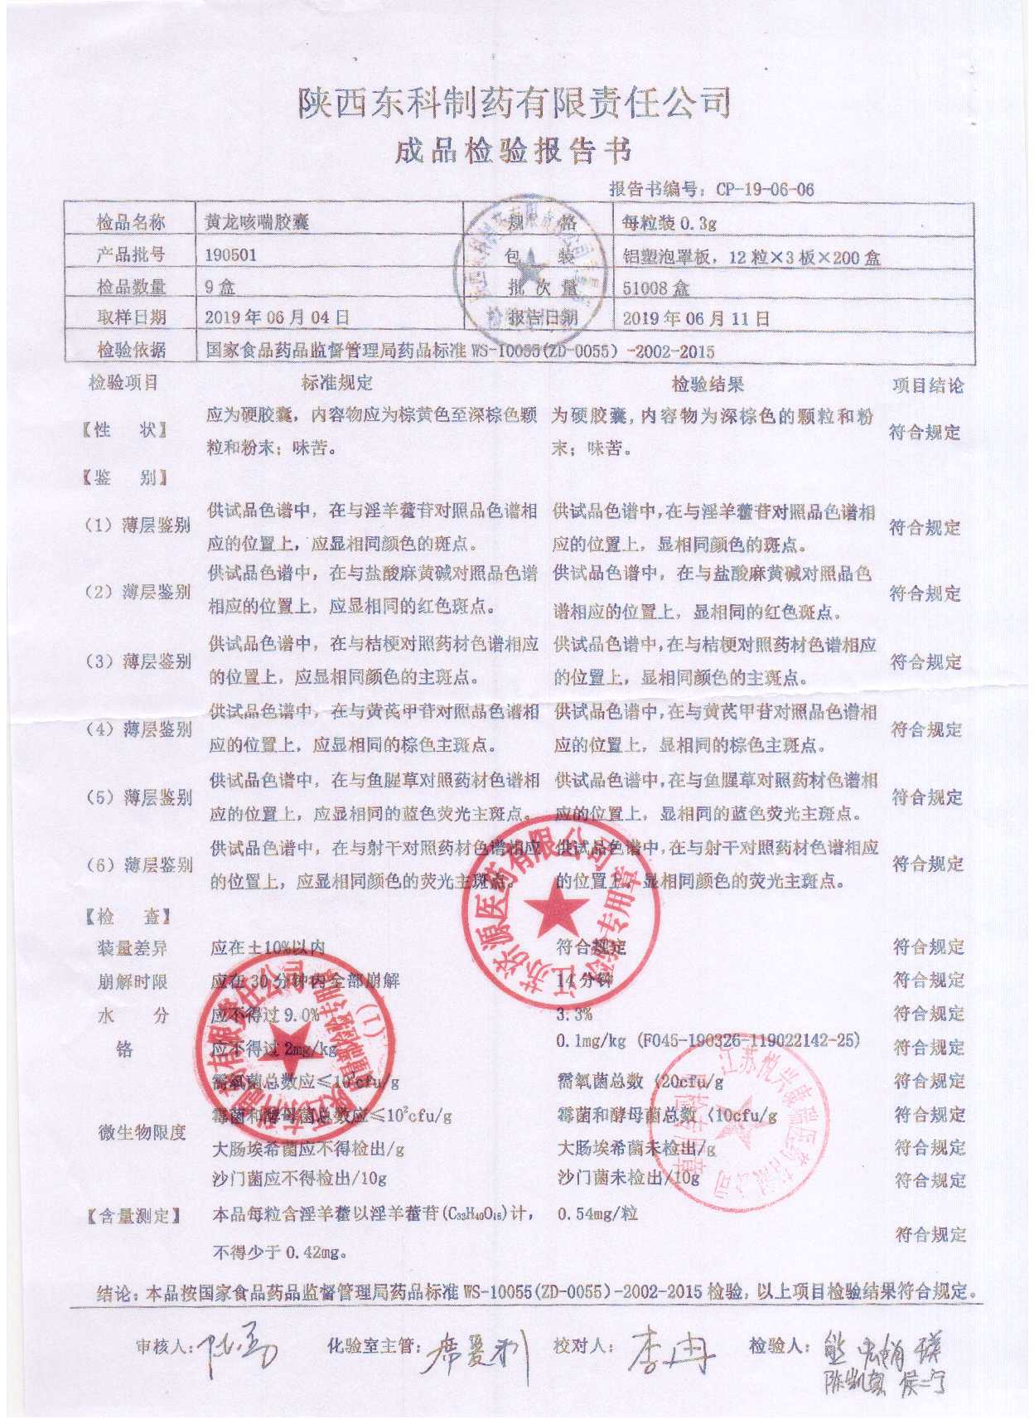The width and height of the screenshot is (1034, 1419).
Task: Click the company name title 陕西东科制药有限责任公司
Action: pos(514,103)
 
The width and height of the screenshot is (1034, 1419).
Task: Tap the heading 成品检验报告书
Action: pos(514,152)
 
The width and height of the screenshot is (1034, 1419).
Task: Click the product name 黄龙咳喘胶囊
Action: pos(257,222)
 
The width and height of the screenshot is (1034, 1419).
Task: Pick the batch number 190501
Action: pos(230,254)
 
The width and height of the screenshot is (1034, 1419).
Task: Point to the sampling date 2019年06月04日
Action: pos(277,317)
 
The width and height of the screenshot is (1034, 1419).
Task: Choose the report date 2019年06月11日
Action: pos(696,318)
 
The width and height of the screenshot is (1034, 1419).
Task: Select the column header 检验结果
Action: pos(707,384)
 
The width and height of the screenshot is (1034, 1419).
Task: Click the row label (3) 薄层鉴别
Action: pos(138,661)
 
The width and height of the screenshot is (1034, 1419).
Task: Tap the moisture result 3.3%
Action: pos(574,1014)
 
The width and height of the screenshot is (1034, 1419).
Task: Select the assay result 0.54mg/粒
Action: pos(597,1213)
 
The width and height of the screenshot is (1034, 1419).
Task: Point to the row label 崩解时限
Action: pos(133,981)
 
